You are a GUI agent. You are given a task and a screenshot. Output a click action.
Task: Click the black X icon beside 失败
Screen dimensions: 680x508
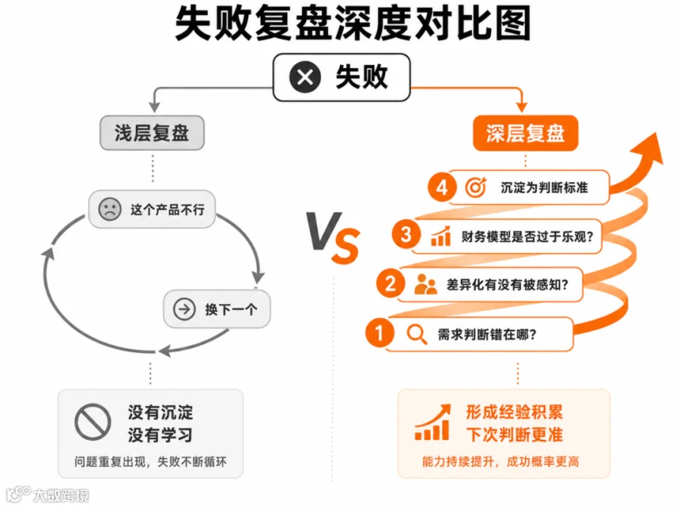[305, 77]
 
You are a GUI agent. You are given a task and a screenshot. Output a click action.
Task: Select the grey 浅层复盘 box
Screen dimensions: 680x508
[152, 133]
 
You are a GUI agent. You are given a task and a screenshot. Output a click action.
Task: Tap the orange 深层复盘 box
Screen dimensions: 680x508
[525, 133]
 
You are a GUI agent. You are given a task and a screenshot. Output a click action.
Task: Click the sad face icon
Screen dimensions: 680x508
[110, 209]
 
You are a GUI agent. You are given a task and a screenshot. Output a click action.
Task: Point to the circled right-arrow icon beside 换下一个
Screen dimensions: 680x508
[184, 309]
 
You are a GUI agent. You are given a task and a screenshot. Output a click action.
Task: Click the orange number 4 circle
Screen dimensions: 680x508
[442, 187]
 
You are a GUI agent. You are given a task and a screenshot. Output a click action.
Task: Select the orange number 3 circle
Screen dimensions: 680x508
[406, 234]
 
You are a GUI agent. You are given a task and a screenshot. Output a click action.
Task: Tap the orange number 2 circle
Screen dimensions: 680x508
[391, 283]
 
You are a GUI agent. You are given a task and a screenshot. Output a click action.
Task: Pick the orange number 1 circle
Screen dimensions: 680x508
[379, 333]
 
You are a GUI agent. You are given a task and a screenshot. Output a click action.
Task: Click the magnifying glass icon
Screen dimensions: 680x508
[417, 334]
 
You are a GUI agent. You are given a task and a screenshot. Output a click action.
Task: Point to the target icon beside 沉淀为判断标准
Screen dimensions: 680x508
[476, 187]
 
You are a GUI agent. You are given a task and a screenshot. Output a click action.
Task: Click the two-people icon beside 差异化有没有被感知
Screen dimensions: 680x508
[425, 284]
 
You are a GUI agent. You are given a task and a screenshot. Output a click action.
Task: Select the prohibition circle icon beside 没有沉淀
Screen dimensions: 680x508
[92, 422]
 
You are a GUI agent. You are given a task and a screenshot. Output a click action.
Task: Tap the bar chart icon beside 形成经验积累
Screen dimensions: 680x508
[433, 423]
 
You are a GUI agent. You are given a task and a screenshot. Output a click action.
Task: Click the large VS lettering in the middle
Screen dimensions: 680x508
[333, 237]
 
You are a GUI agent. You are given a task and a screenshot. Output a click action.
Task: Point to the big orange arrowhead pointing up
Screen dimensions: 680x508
[648, 150]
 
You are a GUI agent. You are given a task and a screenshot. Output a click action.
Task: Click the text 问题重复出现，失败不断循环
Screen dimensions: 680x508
[150, 462]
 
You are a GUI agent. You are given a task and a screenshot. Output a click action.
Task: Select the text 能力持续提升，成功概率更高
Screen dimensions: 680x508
[500, 462]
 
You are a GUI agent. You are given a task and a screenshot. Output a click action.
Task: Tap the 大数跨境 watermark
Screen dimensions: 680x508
[48, 494]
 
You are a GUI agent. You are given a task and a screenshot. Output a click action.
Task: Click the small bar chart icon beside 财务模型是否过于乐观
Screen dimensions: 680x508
[440, 237]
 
